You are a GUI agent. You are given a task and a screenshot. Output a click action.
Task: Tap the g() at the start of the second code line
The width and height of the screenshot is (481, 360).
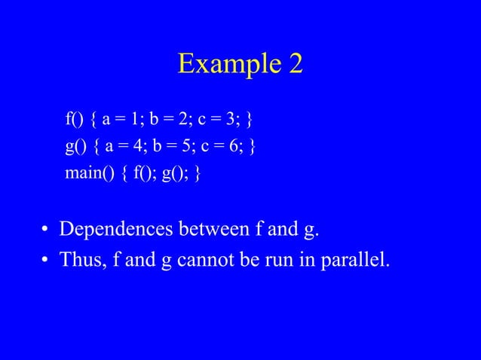click(x=76, y=146)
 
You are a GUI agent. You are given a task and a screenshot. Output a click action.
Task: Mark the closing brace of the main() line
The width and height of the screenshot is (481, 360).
click(x=197, y=174)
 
